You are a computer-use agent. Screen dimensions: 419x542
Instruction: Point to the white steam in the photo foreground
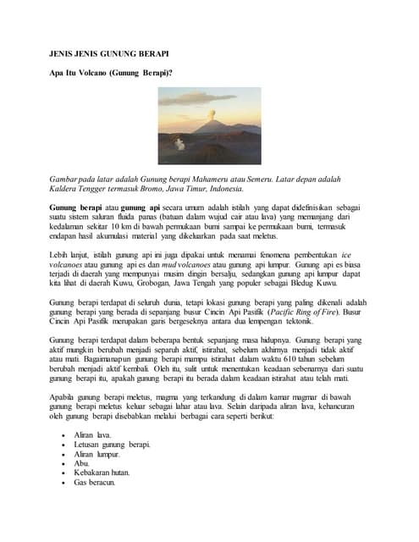pyautogui.click(x=179, y=145)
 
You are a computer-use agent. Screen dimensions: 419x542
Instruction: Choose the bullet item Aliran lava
pyautogui.click(x=94, y=435)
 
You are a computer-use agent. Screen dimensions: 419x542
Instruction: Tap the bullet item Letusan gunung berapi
pyautogui.click(x=113, y=445)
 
